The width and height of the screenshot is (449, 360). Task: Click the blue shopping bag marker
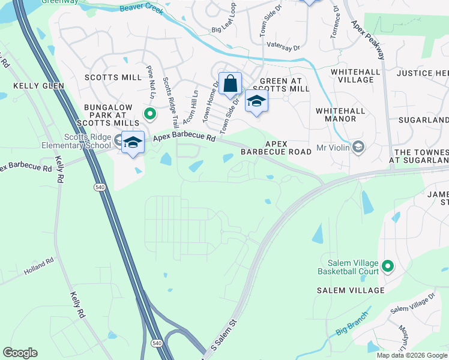click(x=230, y=85)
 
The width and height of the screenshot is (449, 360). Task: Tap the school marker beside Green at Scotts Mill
click(x=256, y=102)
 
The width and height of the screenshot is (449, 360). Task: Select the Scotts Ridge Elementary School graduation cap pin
click(x=133, y=143)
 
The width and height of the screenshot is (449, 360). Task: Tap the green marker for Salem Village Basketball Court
click(x=388, y=266)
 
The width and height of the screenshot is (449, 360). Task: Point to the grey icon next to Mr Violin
click(x=358, y=146)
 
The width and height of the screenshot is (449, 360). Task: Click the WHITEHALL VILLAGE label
click(x=355, y=76)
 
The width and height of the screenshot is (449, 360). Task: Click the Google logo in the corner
click(x=20, y=353)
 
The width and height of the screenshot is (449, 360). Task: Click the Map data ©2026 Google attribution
click(x=412, y=355)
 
